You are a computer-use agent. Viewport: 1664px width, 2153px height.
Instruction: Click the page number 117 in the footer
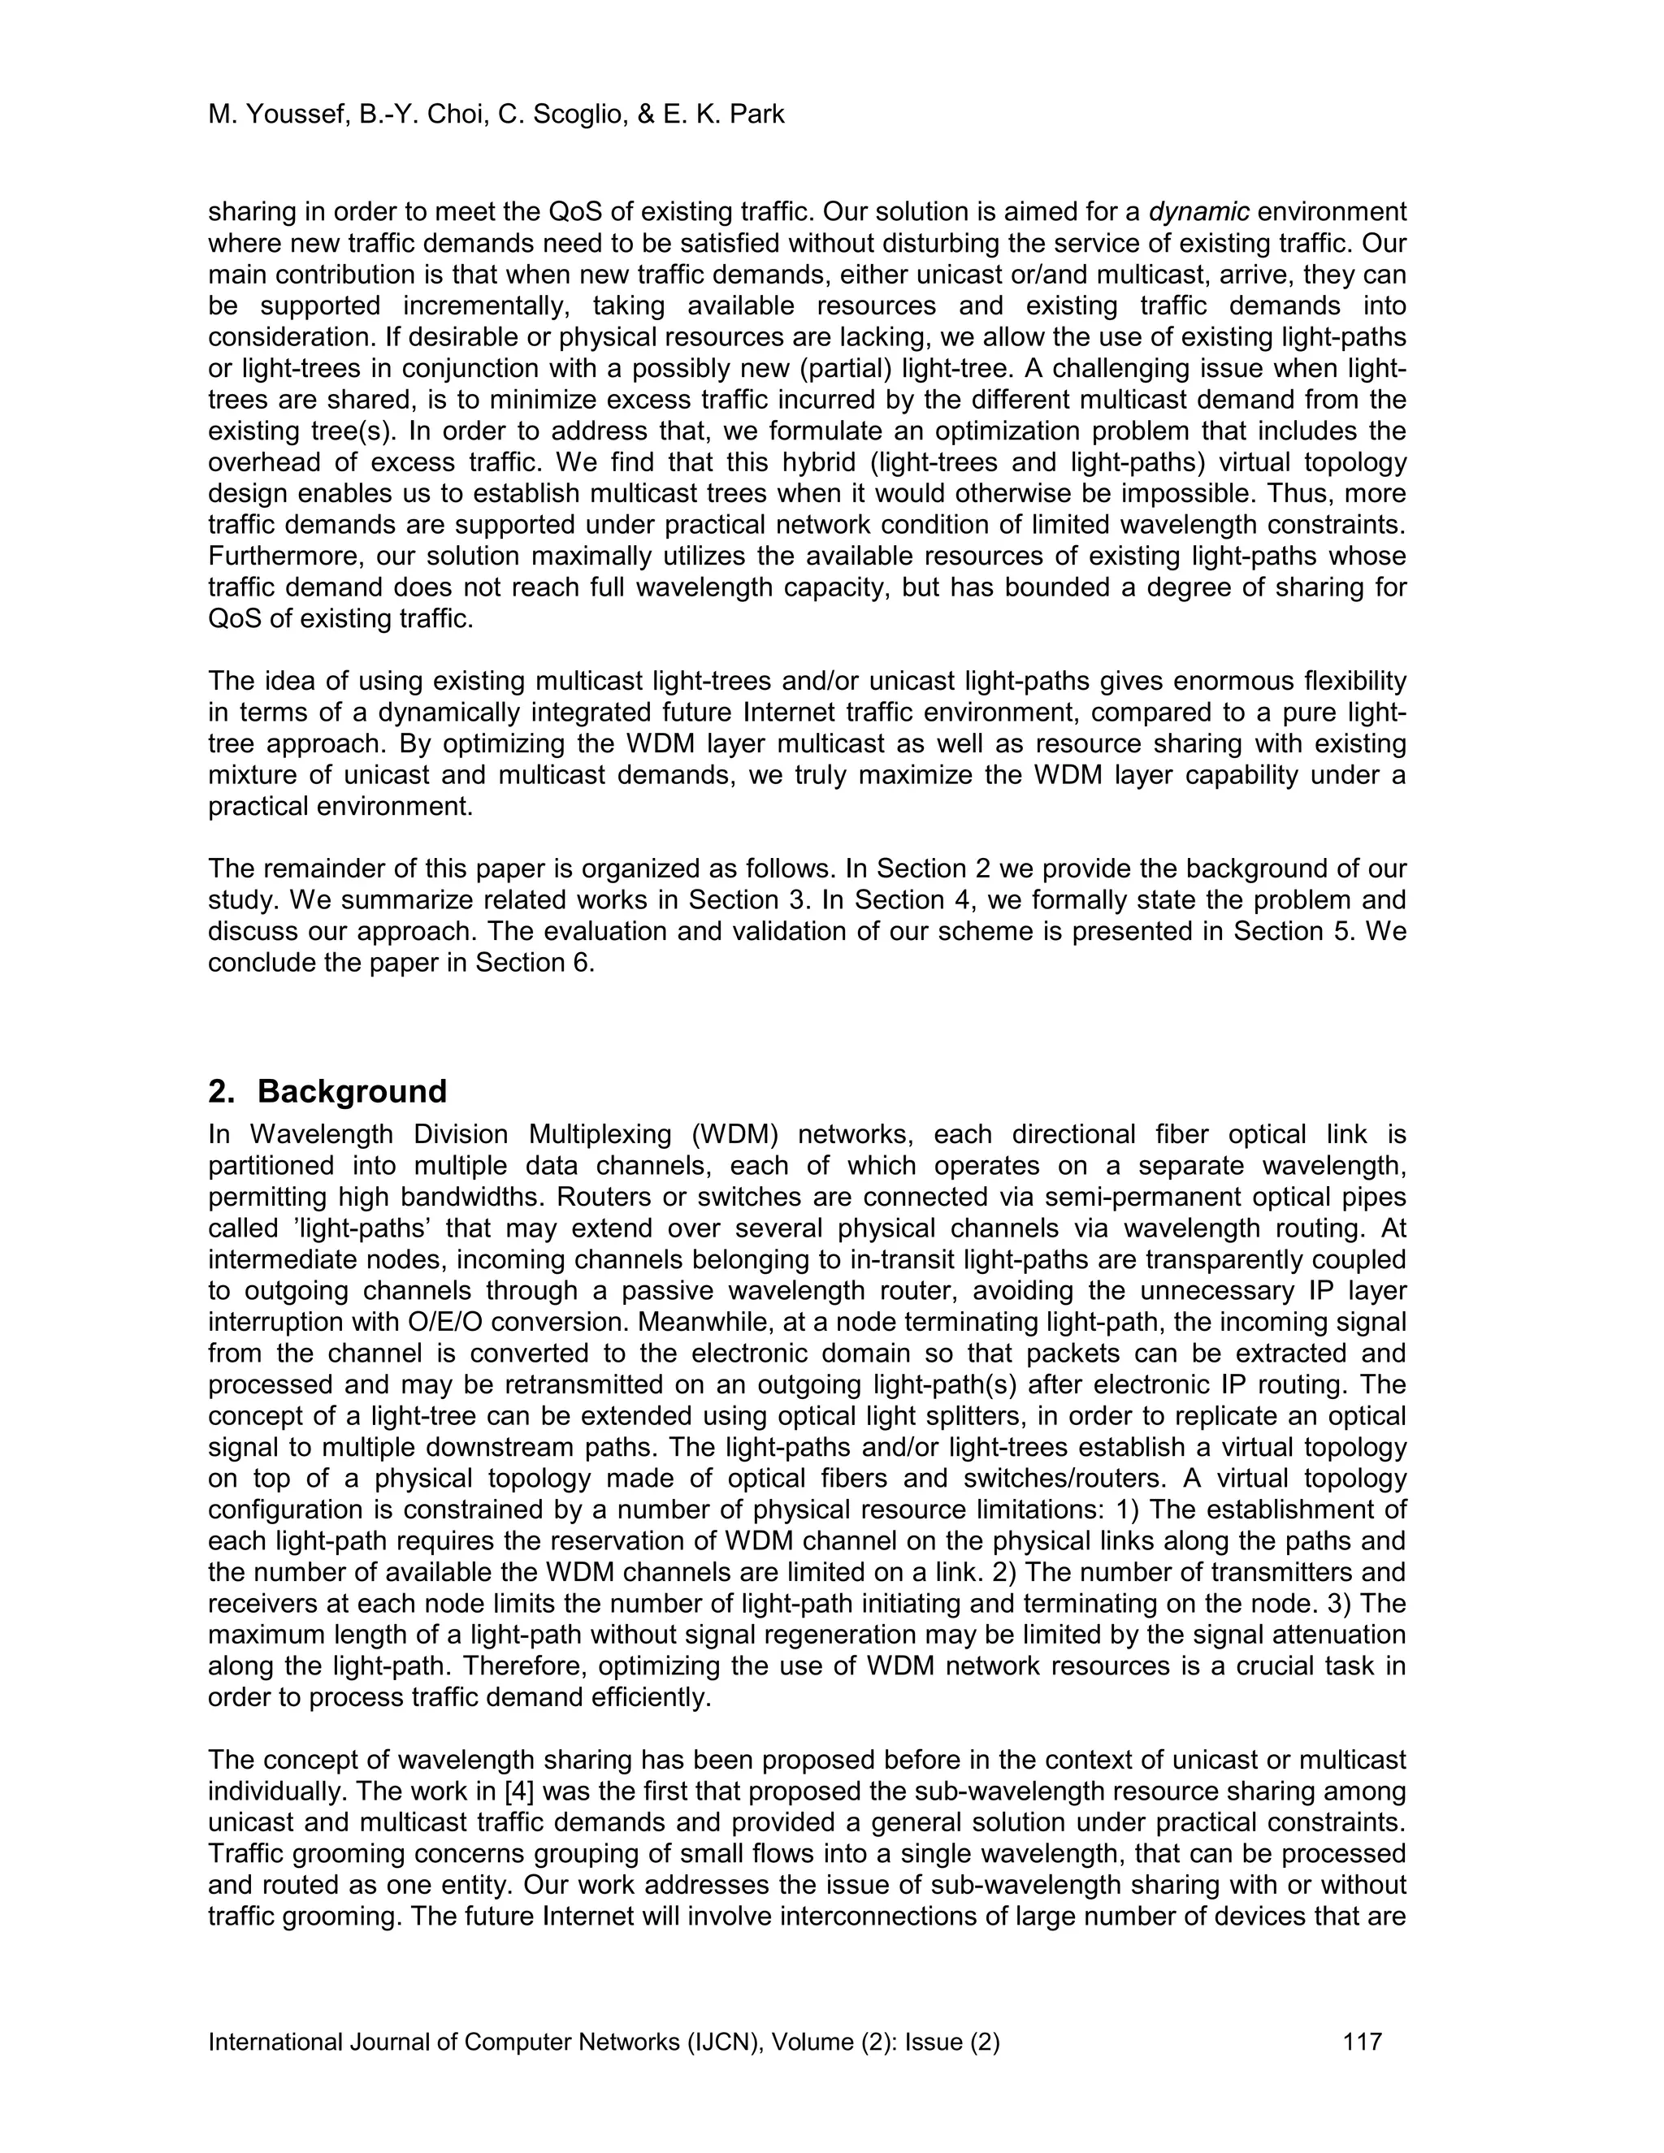(1363, 2042)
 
